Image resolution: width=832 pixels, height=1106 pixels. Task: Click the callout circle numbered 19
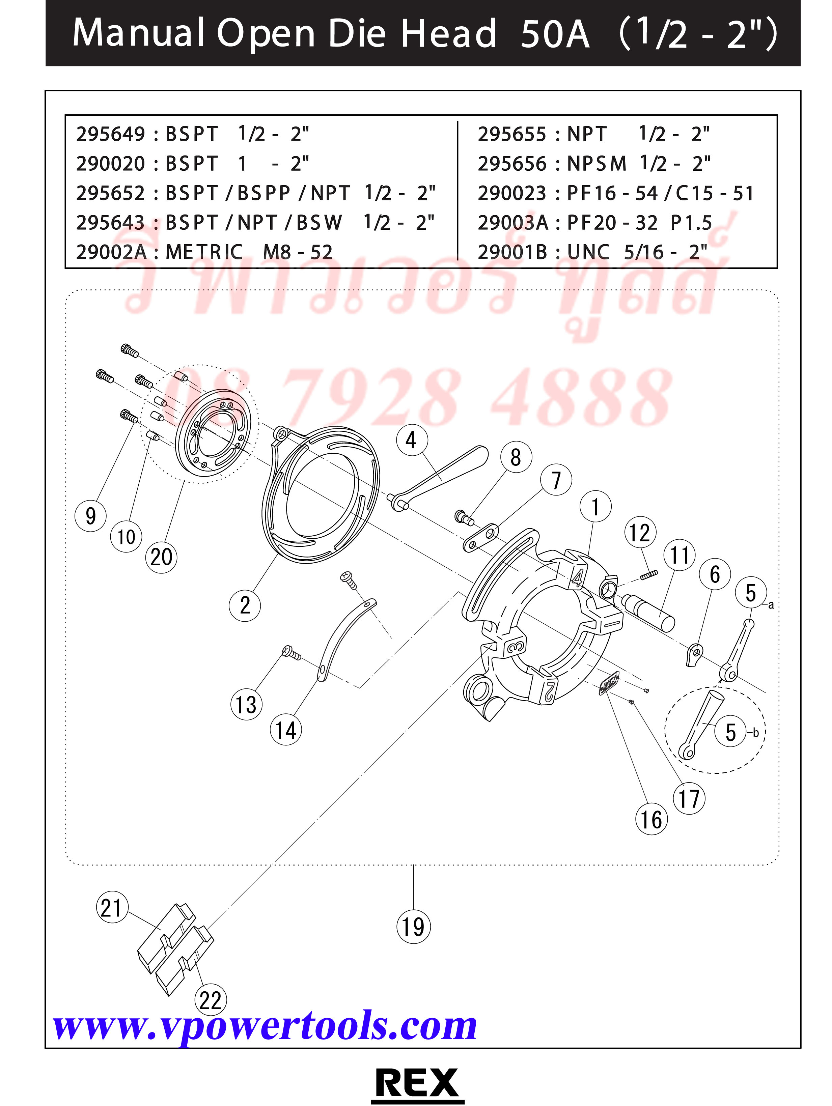point(413,927)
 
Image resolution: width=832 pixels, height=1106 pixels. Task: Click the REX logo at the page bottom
point(416,1083)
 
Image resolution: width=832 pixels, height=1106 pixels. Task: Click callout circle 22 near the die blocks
point(210,1000)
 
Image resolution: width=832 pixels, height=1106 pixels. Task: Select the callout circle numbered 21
point(111,907)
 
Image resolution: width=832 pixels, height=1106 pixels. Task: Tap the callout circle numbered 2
point(245,605)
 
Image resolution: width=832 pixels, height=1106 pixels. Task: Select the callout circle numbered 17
point(689,798)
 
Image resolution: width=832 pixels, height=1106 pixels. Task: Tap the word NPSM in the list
point(597,164)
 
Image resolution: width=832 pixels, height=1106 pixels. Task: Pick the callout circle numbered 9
point(90,515)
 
